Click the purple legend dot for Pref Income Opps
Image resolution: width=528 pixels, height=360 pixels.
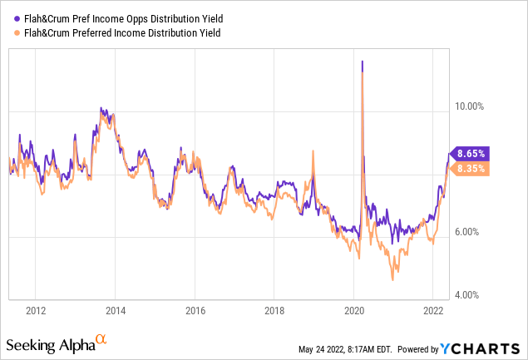pyautogui.click(x=11, y=17)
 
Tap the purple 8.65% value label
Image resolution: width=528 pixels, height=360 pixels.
pyautogui.click(x=471, y=154)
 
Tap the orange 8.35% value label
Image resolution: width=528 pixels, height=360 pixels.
pyautogui.click(x=471, y=168)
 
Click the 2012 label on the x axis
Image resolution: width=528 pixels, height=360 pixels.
pyautogui.click(x=36, y=310)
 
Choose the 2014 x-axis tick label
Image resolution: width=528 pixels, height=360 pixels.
pyautogui.click(x=116, y=310)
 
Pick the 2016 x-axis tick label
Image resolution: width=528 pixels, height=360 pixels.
pyautogui.click(x=195, y=310)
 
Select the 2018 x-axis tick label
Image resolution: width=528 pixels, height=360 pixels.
pyautogui.click(x=274, y=310)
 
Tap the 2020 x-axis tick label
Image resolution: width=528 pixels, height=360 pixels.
pyautogui.click(x=353, y=310)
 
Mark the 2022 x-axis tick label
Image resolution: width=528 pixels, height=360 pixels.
pyautogui.click(x=432, y=310)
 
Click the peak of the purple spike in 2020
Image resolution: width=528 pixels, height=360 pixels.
pyautogui.click(x=362, y=62)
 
